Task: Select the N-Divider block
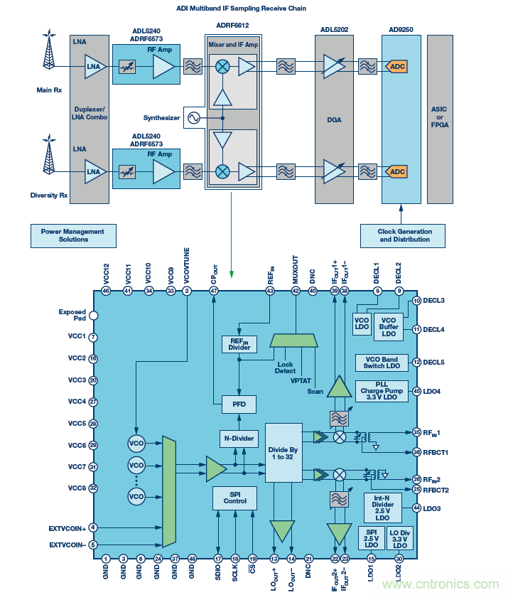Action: tap(238, 439)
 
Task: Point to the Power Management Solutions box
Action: tap(73, 235)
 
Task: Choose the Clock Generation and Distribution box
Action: tap(404, 235)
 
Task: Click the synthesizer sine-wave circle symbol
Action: tap(193, 118)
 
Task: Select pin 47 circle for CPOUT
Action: tap(214, 291)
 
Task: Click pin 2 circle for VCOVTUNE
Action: tap(187, 291)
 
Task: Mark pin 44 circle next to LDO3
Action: tap(417, 507)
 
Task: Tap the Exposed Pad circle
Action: tap(93, 315)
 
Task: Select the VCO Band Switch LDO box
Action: tap(382, 363)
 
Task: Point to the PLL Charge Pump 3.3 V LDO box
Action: tap(382, 391)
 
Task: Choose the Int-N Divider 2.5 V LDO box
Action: tap(382, 507)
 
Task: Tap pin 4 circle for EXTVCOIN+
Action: tap(93, 527)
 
